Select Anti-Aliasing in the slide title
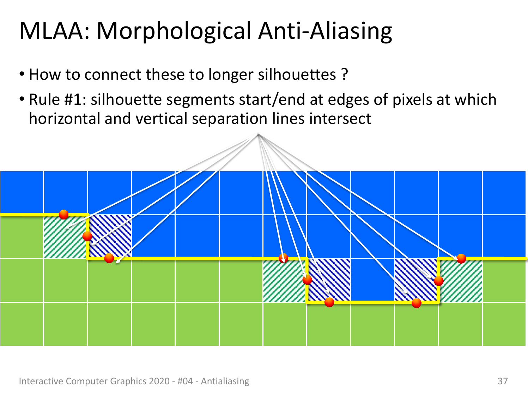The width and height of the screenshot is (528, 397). (x=325, y=32)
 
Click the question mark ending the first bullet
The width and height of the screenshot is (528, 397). (x=345, y=74)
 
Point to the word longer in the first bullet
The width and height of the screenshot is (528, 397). (x=230, y=75)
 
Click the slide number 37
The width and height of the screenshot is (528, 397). (x=503, y=381)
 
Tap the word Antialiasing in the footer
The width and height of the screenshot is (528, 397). (x=225, y=381)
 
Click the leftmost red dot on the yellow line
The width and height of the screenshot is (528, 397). (x=64, y=215)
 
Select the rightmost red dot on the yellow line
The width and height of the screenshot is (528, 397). (x=461, y=259)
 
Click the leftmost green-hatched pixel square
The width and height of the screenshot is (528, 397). (x=66, y=237)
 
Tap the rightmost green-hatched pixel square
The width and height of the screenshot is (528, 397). (x=460, y=280)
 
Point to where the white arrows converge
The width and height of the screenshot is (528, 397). (x=258, y=134)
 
